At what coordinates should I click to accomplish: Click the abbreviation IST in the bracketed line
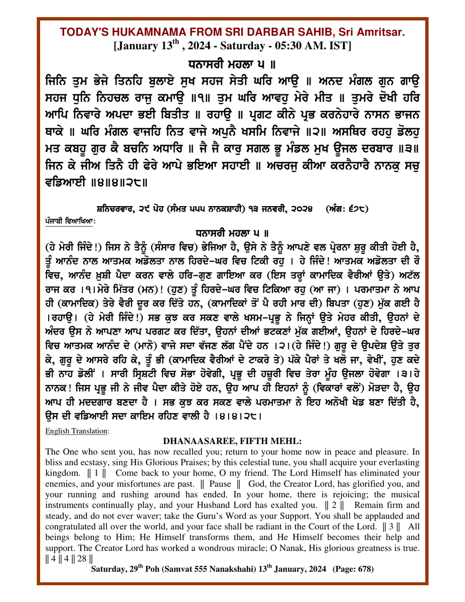click(x=341, y=45)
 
